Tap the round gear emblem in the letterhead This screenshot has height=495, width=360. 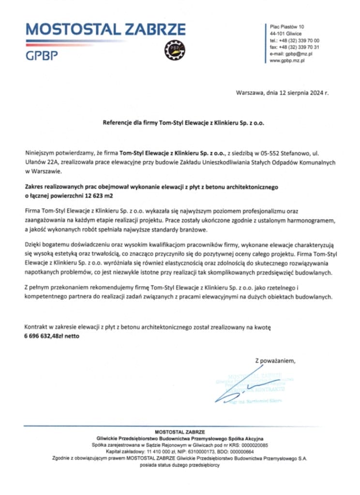[x=173, y=49]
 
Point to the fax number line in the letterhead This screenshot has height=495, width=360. [x=294, y=47]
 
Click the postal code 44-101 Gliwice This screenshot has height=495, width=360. [x=285, y=34]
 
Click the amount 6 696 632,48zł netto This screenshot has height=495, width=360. [x=51, y=336]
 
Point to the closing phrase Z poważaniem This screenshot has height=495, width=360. [x=274, y=361]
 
